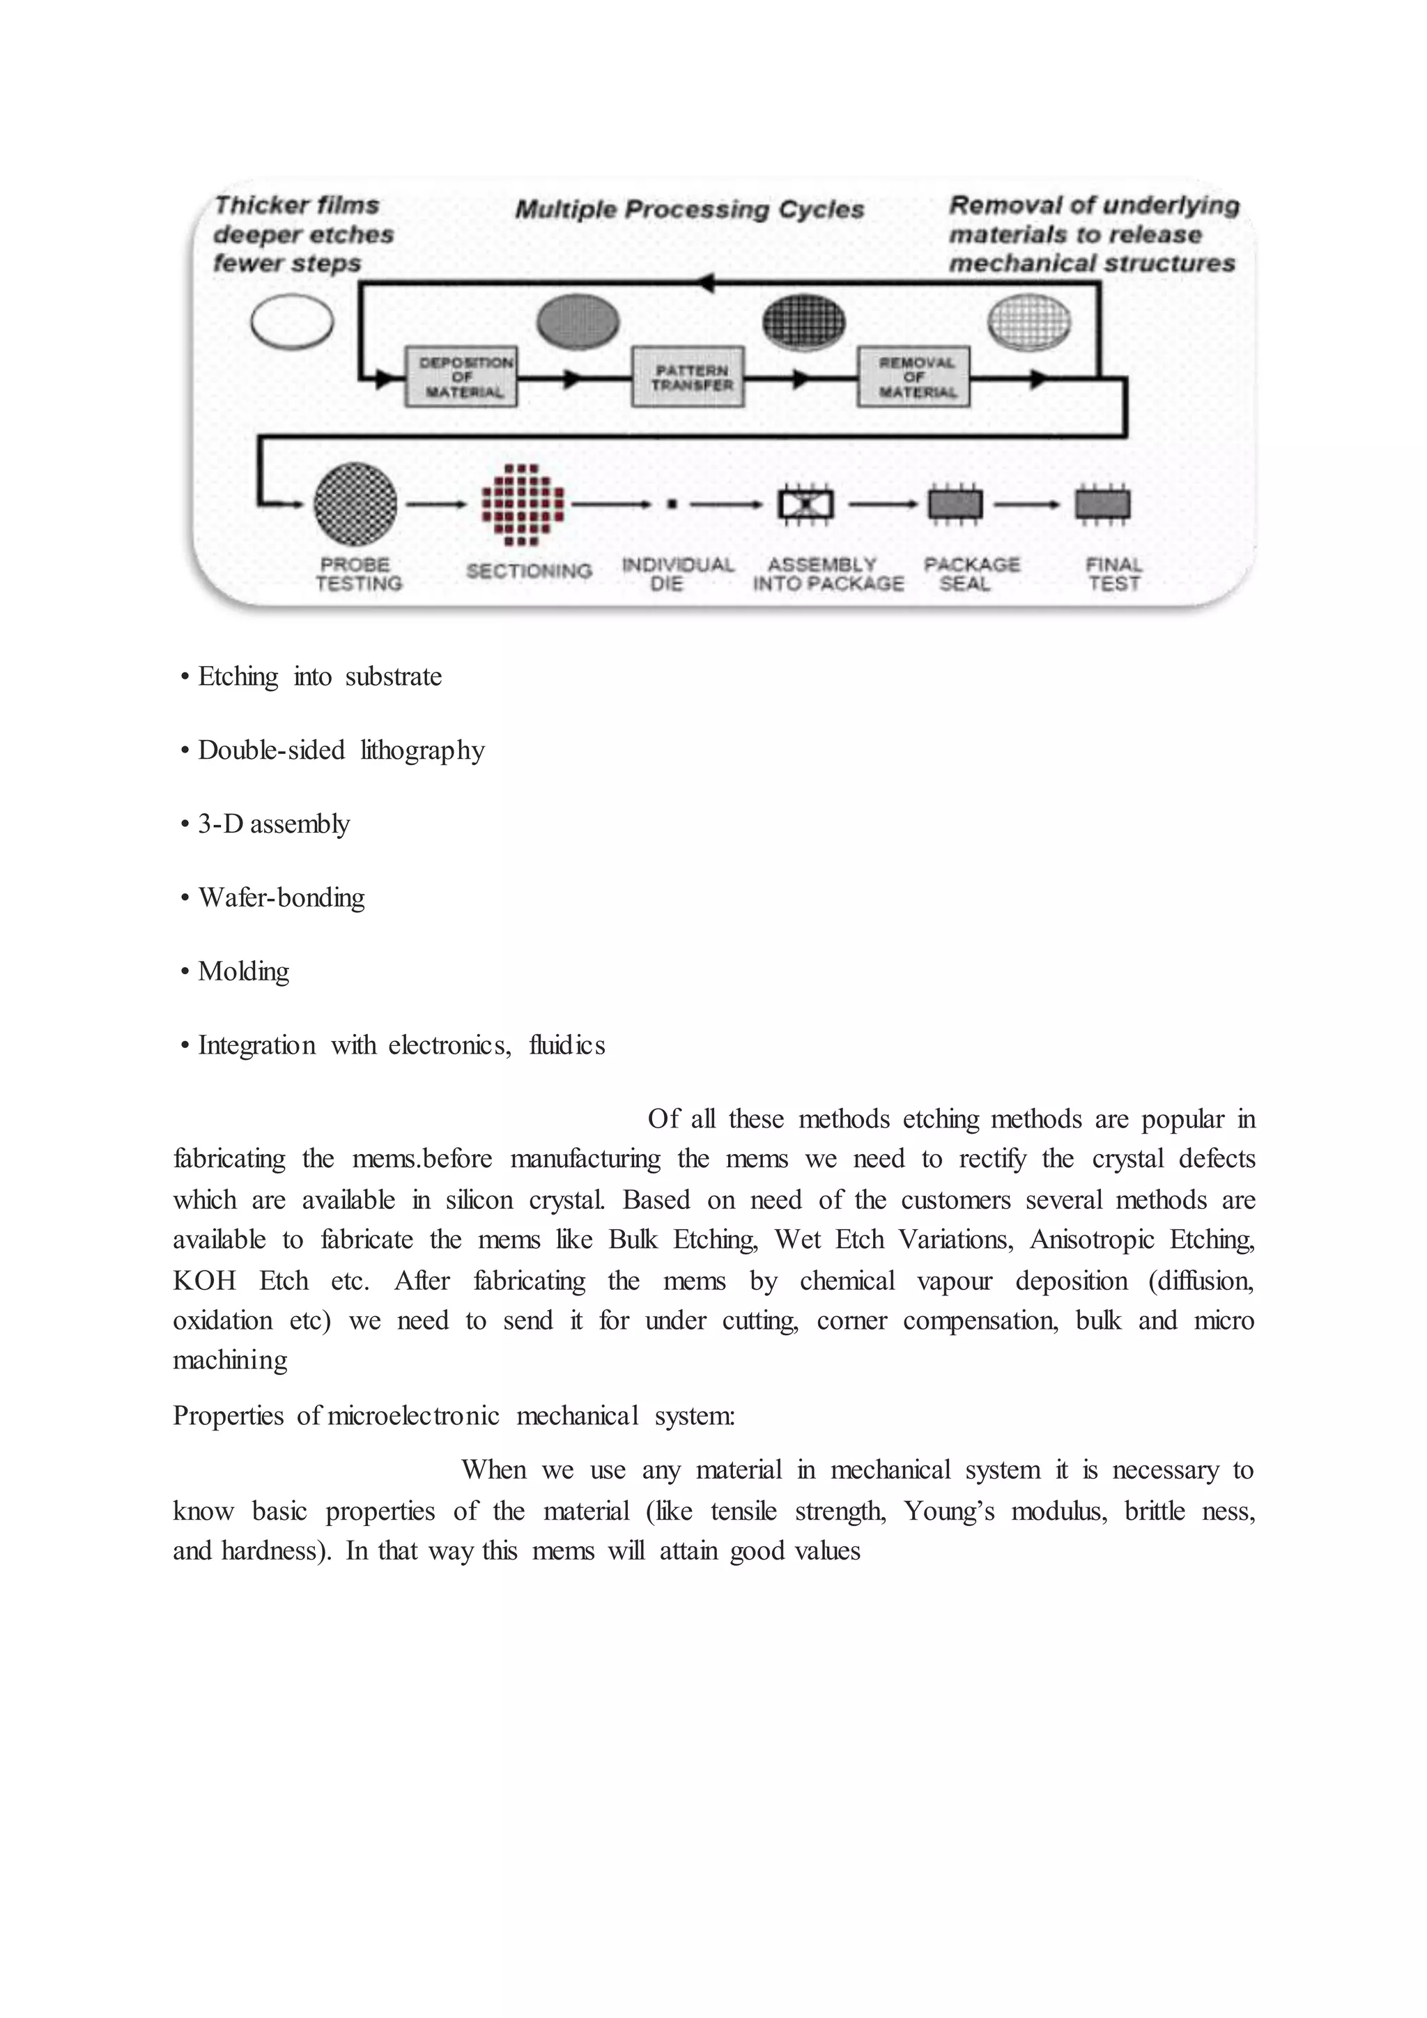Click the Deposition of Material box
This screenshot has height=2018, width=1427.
[x=461, y=377]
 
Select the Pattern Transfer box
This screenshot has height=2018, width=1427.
[x=688, y=377]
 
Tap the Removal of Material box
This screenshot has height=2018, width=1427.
[x=914, y=377]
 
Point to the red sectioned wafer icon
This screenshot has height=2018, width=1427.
[x=523, y=504]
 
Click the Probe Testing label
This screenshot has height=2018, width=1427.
[x=357, y=574]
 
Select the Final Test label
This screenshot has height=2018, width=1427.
[x=1113, y=574]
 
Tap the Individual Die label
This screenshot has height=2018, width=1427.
[x=677, y=574]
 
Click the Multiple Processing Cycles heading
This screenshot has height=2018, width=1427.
[x=689, y=209]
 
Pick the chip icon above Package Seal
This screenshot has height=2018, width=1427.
[x=955, y=504]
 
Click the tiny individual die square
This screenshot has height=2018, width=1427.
[x=671, y=504]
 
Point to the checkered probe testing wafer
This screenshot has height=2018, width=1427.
[x=355, y=504]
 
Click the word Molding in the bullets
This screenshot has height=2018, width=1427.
[x=243, y=971]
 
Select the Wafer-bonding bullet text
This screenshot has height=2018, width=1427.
[x=281, y=898]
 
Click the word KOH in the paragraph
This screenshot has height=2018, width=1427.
[x=204, y=1281]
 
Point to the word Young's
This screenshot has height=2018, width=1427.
[x=949, y=1511]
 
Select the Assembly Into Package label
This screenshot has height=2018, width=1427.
[x=827, y=574]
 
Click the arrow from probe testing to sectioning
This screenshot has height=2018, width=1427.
[x=435, y=504]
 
